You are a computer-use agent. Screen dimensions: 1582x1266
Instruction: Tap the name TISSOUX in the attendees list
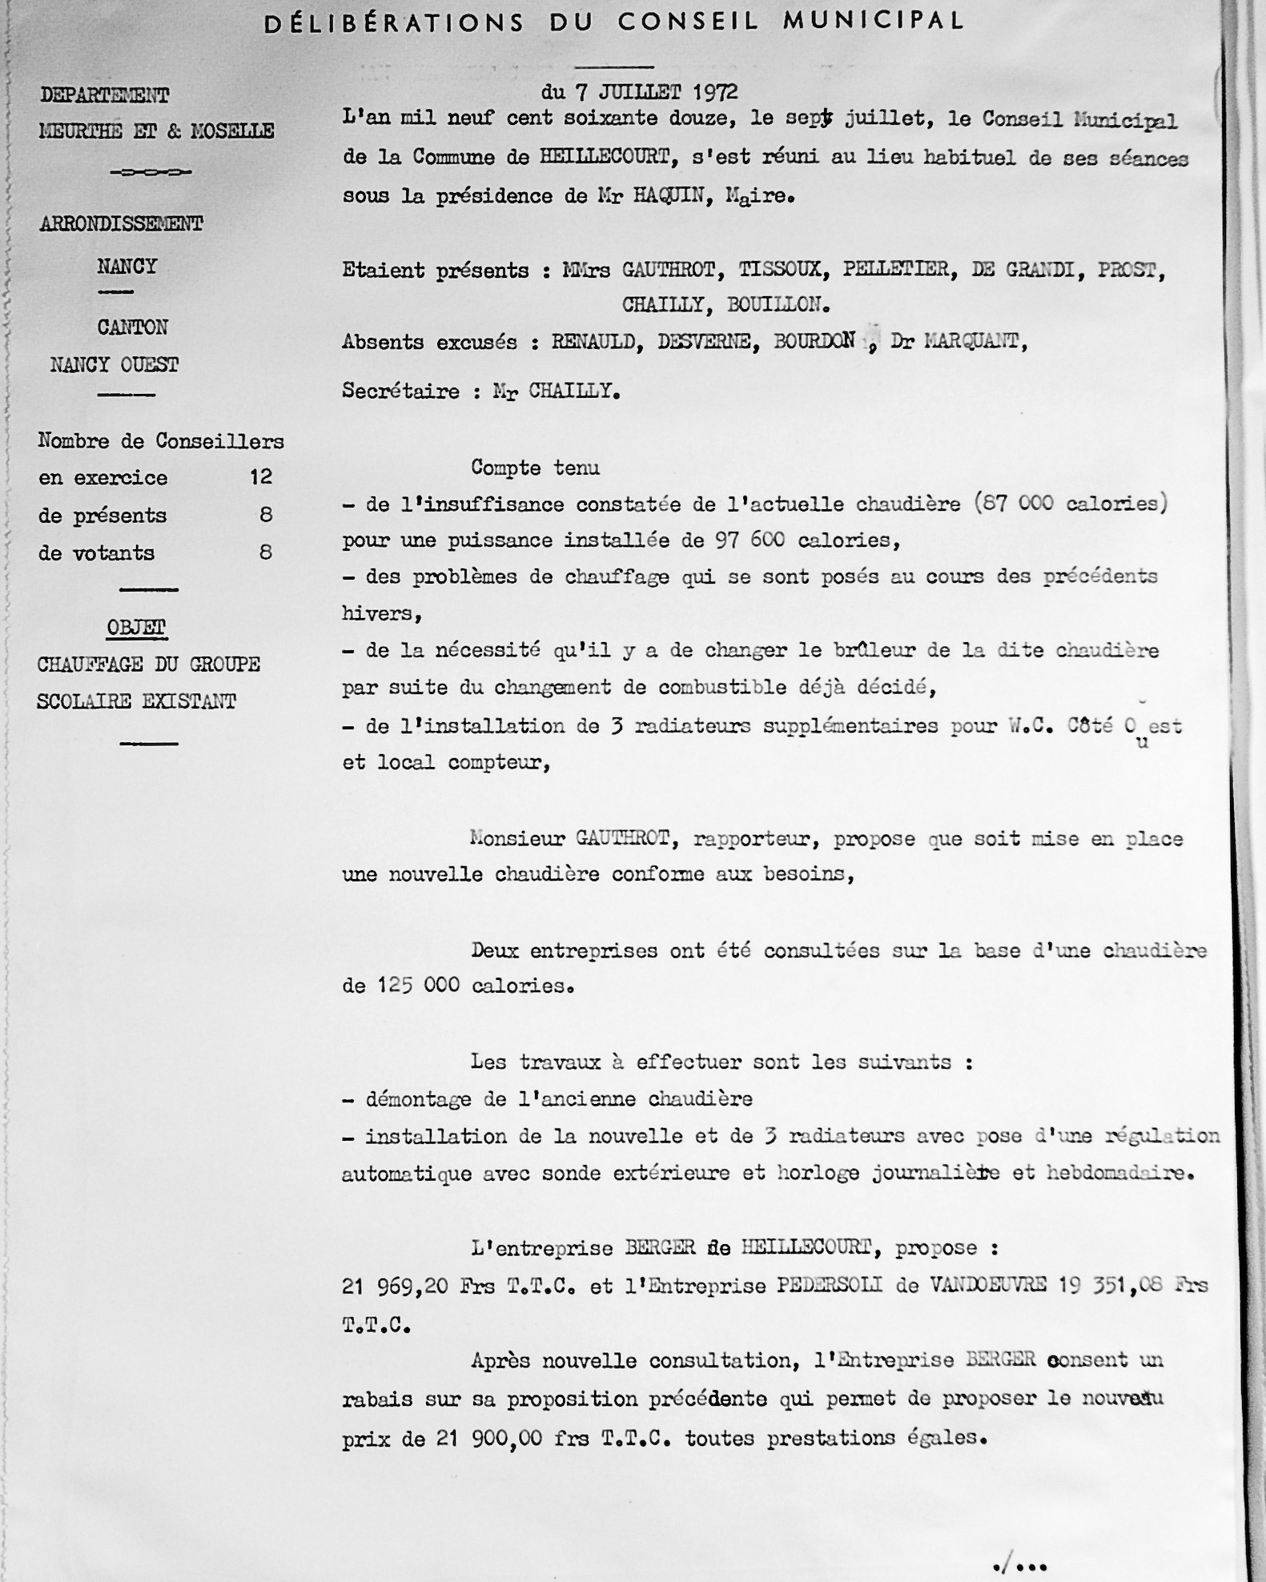[x=779, y=271]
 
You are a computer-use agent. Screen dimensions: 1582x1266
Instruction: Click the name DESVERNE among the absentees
[x=705, y=343]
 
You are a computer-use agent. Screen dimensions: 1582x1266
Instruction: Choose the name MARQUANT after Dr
[x=972, y=342]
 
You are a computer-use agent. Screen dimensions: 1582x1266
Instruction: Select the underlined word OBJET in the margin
[x=135, y=628]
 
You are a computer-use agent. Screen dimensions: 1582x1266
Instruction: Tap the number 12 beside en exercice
[x=261, y=478]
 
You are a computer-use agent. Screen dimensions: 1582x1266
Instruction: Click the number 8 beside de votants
[x=265, y=552]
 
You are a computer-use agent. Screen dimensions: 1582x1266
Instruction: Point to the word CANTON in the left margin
[x=132, y=327]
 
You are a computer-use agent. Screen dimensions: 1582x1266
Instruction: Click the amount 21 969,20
[x=394, y=1286]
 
